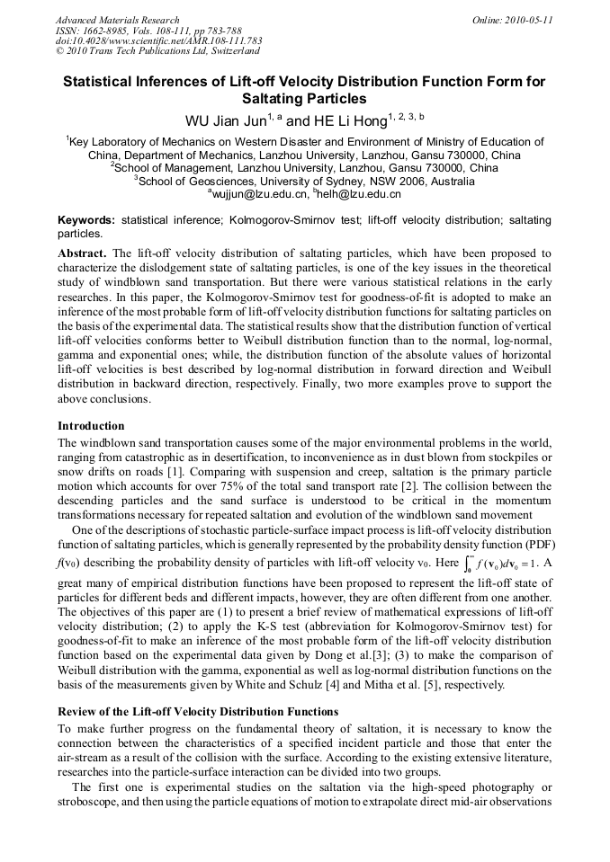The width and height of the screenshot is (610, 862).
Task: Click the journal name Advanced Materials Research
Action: tap(117, 20)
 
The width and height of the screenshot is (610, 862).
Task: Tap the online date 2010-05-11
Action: tap(525, 20)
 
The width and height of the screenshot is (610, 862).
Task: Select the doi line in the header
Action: tap(158, 40)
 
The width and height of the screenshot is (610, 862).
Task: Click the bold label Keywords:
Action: tap(86, 220)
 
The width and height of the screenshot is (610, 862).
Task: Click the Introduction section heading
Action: tap(91, 425)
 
